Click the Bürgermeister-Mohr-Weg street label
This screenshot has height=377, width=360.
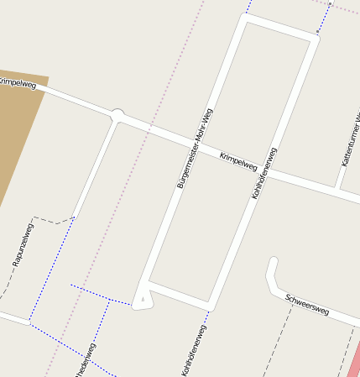pos(195,148)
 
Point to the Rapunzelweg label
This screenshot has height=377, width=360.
pos(23,245)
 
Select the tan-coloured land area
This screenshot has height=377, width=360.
pos(17,126)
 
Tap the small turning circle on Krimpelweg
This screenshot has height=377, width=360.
pos(117,113)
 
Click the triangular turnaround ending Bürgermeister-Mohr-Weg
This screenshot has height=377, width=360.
pos(143,298)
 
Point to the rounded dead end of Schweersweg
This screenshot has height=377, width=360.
pos(272,263)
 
